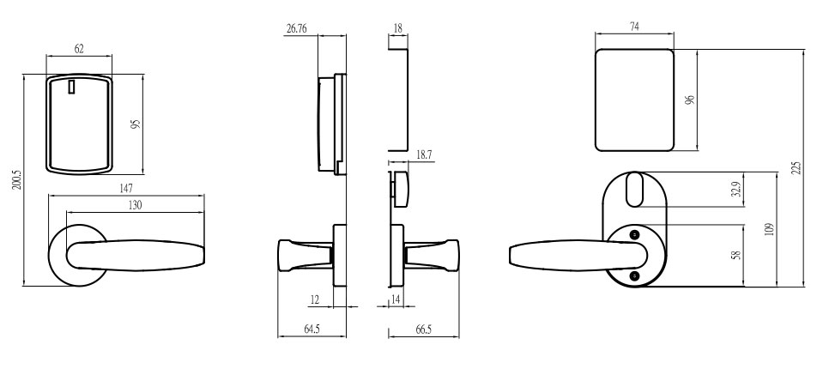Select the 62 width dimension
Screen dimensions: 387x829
(x=78, y=49)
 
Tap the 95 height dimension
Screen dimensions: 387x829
(x=135, y=125)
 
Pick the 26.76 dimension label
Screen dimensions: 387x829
(x=298, y=28)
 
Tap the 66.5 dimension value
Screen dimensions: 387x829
(x=421, y=329)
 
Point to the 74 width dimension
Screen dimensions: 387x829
(x=634, y=27)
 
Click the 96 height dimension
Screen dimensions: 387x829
(x=689, y=101)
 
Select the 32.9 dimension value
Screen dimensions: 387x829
(x=735, y=190)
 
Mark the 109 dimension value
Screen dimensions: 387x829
(x=769, y=229)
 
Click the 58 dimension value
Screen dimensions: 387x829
(x=735, y=255)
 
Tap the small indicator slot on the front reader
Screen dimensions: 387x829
(x=72, y=88)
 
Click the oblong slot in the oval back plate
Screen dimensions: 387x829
(x=635, y=190)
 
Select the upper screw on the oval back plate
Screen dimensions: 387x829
(x=634, y=235)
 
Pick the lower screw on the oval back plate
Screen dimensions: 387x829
(x=634, y=275)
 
